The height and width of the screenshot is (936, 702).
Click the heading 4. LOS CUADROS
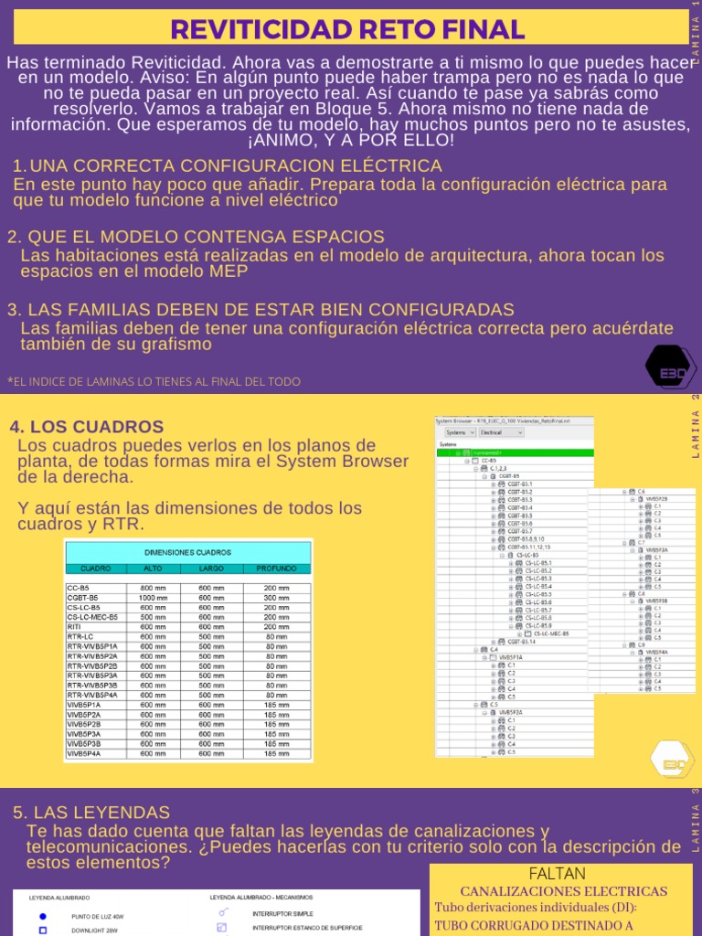86,427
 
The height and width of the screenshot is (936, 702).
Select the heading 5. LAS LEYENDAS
91,813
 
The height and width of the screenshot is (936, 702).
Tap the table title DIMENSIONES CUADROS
187,552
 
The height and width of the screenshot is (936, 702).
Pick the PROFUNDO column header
276,569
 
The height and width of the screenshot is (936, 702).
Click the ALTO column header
153,569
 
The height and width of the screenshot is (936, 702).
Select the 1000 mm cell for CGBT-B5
153,598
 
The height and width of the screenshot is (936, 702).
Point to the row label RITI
75,627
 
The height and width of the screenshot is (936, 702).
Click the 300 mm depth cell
276,598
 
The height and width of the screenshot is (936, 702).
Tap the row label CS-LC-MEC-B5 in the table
92,617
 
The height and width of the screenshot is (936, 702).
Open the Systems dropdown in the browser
459,432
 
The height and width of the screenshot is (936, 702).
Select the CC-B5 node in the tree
492,461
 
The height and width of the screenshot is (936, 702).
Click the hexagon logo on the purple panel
671,368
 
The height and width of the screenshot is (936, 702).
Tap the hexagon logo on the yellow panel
671,761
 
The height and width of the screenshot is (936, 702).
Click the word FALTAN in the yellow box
563,874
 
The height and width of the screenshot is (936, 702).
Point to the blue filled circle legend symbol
42,916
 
